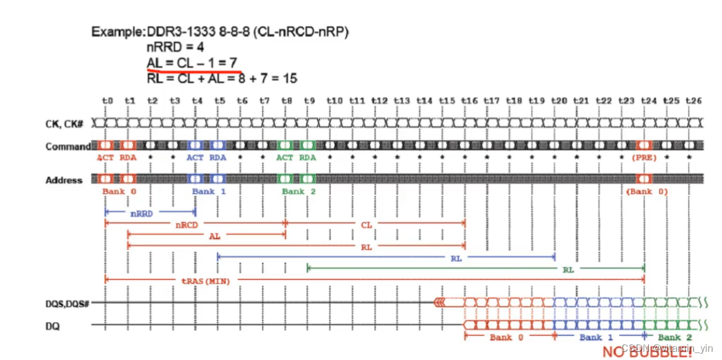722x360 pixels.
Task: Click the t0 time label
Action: pyautogui.click(x=107, y=100)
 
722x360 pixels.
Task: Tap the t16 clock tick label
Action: pyautogui.click(x=469, y=100)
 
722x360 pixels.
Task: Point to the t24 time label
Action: pyautogui.click(x=648, y=100)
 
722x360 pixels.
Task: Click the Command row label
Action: pyautogui.click(x=68, y=147)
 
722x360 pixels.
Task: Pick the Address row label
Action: pyautogui.click(x=64, y=181)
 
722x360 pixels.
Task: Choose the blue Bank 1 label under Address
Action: pyautogui.click(x=208, y=191)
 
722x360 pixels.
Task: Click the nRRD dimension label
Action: pyautogui.click(x=141, y=214)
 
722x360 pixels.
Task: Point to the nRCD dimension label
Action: pyautogui.click(x=187, y=225)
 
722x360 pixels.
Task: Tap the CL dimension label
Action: pyautogui.click(x=366, y=225)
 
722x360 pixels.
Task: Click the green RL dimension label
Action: pyautogui.click(x=568, y=269)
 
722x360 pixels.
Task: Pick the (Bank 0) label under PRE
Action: pyautogui.click(x=646, y=191)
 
